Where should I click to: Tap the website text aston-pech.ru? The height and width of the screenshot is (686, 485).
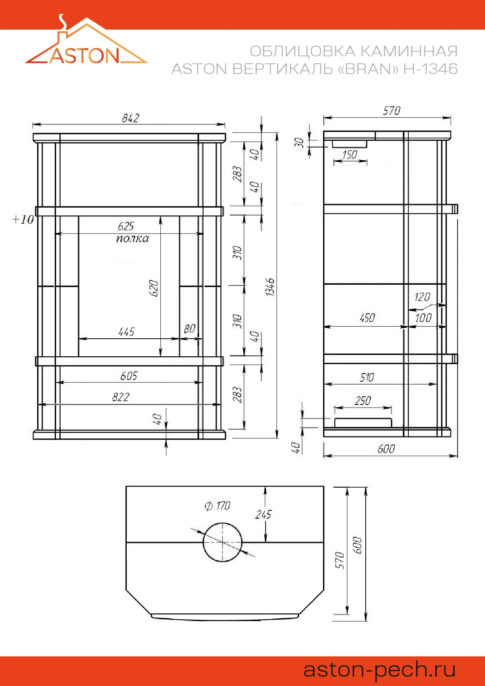coord(379,669)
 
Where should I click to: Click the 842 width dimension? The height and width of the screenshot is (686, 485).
coord(130,118)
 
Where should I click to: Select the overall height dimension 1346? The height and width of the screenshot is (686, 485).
coord(270,287)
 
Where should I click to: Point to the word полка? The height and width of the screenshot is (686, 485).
coord(132,239)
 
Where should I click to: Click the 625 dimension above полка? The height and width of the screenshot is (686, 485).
coord(126,226)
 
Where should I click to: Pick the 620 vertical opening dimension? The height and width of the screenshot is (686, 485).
coord(154,288)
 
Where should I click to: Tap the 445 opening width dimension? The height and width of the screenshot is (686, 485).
coord(126,332)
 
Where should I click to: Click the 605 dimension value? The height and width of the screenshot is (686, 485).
coord(129,376)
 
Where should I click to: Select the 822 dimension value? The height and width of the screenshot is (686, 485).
coord(120,397)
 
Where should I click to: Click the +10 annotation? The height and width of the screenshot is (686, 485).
coord(23,219)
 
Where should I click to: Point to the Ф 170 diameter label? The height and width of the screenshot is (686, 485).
coord(217,506)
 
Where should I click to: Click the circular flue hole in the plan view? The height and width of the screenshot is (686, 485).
coord(222,542)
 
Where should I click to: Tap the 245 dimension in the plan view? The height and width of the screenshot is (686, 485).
coord(263,515)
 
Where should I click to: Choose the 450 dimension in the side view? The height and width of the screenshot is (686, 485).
coord(367,318)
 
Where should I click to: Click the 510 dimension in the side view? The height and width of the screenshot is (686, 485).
coord(367,377)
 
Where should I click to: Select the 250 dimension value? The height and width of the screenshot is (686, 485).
coord(363,401)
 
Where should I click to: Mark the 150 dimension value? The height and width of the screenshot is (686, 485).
coord(349,155)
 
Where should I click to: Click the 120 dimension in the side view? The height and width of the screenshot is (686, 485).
coord(422,297)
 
